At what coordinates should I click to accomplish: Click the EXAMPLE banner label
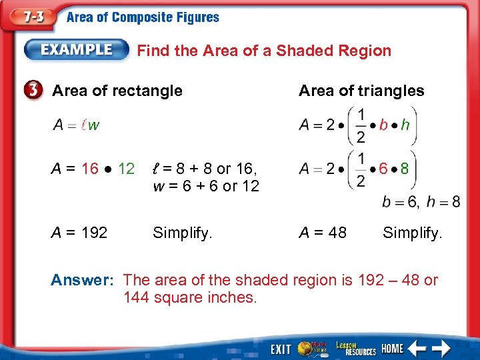(77, 49)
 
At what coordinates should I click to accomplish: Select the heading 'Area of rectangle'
(117, 91)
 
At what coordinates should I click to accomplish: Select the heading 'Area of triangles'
(361, 91)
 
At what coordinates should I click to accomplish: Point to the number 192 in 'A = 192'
(94, 232)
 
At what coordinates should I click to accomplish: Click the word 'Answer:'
(82, 280)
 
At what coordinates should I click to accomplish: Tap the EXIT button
(281, 349)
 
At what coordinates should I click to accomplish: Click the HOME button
(393, 349)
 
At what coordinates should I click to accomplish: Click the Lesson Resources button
(355, 348)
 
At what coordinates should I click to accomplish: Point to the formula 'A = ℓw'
(76, 125)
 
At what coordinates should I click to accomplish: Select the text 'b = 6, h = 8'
(421, 201)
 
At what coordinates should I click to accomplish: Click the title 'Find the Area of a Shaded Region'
(264, 51)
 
